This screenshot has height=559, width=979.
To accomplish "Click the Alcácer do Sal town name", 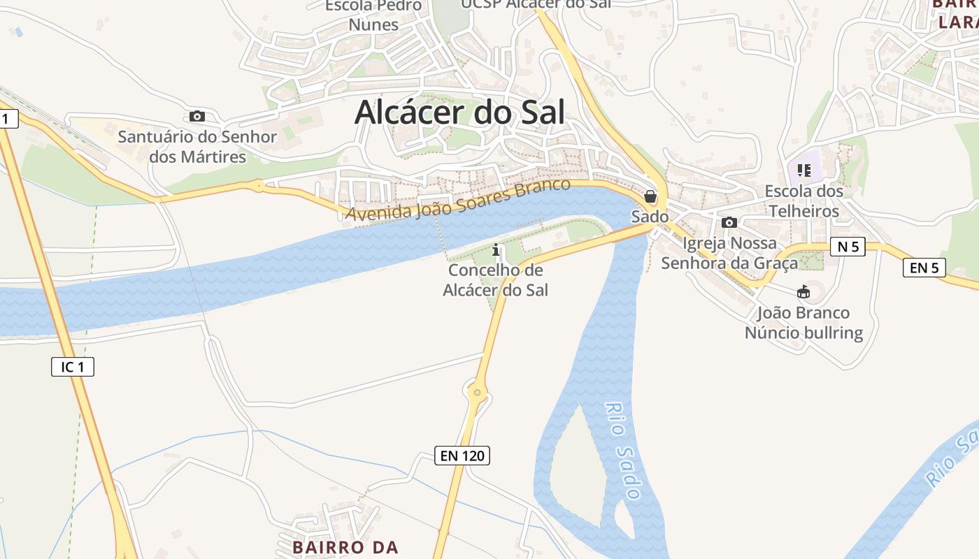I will point(459,112).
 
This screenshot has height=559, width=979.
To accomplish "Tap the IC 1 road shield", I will point(73,366).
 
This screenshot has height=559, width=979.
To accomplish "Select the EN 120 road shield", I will point(462,456).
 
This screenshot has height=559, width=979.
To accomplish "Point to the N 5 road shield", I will point(848,246).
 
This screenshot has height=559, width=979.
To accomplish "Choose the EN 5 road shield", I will point(924,267).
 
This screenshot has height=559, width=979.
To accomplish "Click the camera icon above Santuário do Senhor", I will point(197,116).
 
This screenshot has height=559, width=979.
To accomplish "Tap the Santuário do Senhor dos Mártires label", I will point(197,147).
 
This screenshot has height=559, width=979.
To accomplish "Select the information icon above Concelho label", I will point(496,249).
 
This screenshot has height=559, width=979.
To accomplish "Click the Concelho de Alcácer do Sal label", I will point(496,279).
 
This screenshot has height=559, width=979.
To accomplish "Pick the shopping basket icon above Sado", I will point(650,196).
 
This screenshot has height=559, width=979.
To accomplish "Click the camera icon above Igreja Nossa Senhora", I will point(729,222).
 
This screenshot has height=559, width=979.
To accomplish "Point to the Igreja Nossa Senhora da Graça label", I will point(729,253).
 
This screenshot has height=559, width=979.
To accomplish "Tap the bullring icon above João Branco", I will point(803,291).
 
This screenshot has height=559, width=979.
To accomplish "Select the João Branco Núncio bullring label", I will point(803,323).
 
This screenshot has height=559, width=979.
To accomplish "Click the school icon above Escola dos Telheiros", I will point(803,170).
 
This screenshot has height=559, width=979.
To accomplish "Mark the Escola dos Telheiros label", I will point(803,201).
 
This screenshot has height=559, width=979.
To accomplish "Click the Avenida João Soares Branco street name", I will point(459,201).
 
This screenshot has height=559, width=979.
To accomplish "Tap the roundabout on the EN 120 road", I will point(478,392).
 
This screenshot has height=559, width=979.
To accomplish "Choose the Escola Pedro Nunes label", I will point(373,15).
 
